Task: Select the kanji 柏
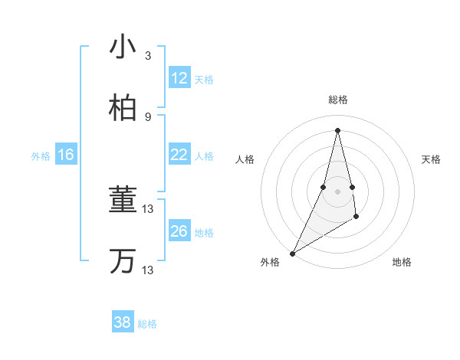(x=123, y=108)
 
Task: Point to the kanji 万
(x=123, y=260)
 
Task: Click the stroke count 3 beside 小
(x=148, y=56)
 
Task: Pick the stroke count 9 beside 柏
(x=148, y=116)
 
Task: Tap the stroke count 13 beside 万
(x=148, y=270)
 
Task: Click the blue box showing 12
(x=179, y=78)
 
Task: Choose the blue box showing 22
(x=179, y=155)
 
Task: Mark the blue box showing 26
(x=179, y=231)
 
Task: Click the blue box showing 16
(x=65, y=155)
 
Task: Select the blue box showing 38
(x=122, y=322)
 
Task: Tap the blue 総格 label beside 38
(x=147, y=324)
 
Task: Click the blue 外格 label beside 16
(x=41, y=156)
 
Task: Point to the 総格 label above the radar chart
(x=337, y=100)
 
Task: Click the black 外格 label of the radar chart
(x=270, y=262)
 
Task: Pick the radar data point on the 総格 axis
(x=337, y=129)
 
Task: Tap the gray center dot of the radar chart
(x=337, y=191)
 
